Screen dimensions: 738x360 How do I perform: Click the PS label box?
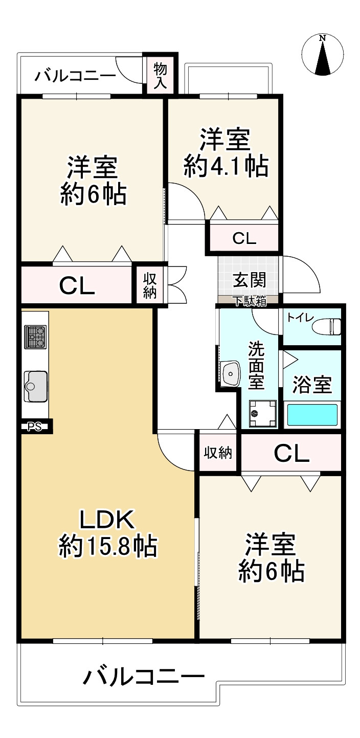click(x=34, y=427)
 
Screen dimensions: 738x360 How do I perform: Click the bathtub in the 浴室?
click(x=312, y=414)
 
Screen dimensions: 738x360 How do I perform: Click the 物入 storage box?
click(x=161, y=75)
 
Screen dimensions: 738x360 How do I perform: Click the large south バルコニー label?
click(x=144, y=678)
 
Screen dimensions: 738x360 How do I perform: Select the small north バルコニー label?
click(x=75, y=77)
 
